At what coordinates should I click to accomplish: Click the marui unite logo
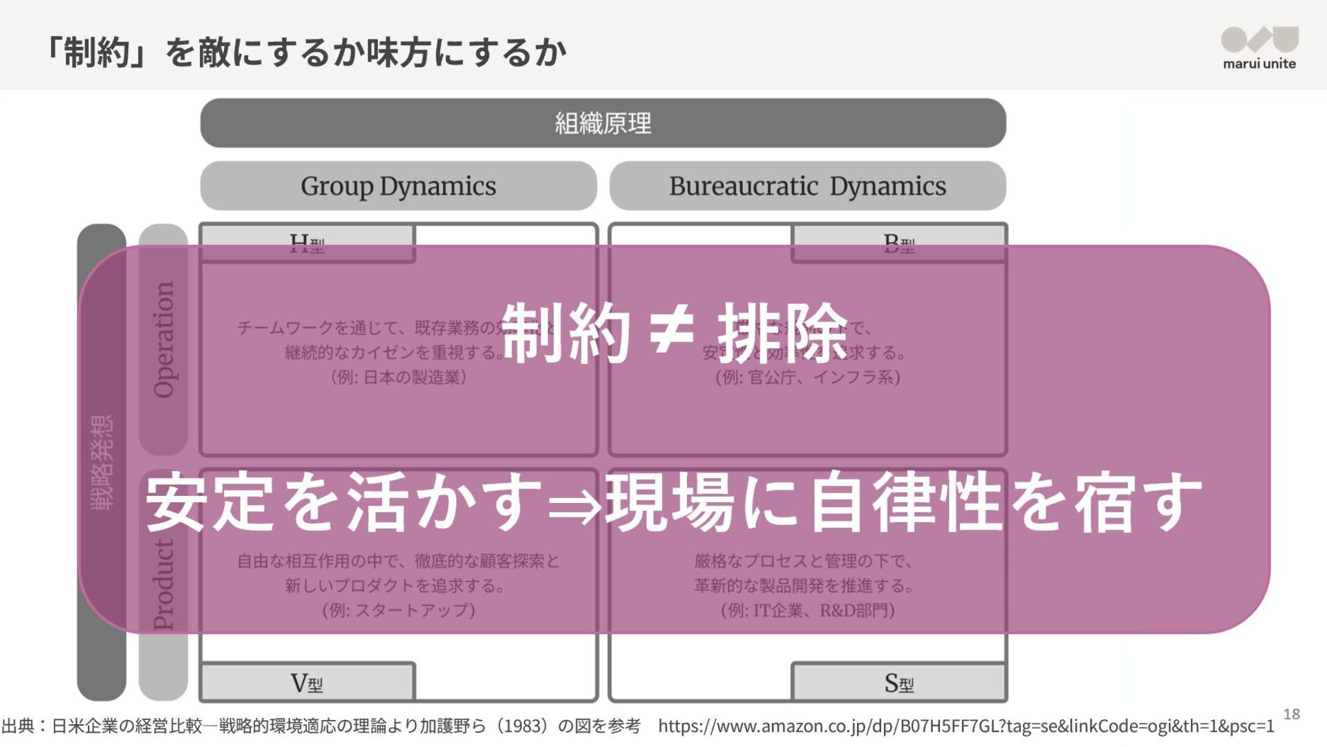click(1259, 47)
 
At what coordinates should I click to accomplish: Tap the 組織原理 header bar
click(603, 123)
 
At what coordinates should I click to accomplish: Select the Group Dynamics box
click(398, 186)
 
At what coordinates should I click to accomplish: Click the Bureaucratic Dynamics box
click(807, 186)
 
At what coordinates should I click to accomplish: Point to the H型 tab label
click(307, 243)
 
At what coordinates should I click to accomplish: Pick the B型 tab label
click(898, 243)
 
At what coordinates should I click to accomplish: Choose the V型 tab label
click(307, 683)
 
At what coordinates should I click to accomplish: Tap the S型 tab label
click(898, 683)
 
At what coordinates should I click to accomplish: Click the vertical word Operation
click(164, 339)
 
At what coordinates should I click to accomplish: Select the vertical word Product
click(164, 584)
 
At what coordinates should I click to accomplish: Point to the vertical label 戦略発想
click(102, 462)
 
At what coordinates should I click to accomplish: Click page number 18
click(1291, 714)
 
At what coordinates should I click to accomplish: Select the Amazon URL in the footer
click(966, 726)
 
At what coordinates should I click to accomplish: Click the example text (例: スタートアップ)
click(398, 610)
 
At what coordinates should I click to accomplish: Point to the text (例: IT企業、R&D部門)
click(807, 610)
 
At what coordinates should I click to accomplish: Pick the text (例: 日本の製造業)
click(398, 377)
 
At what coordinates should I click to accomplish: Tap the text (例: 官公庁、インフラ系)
click(807, 377)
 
